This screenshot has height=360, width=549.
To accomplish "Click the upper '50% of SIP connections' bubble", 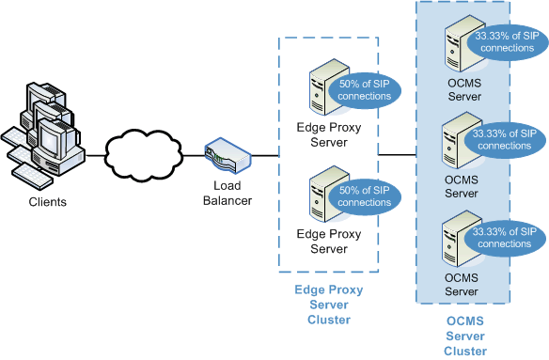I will click(x=365, y=90).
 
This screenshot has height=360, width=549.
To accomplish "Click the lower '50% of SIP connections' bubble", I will click(x=365, y=196).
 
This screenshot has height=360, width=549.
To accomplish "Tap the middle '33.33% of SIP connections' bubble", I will click(x=505, y=140).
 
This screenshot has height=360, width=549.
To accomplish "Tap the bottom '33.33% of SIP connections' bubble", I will click(x=505, y=238).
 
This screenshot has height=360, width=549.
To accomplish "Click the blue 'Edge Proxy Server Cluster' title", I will click(x=328, y=305).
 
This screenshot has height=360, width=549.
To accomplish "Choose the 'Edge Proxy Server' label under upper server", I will click(x=329, y=135).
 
